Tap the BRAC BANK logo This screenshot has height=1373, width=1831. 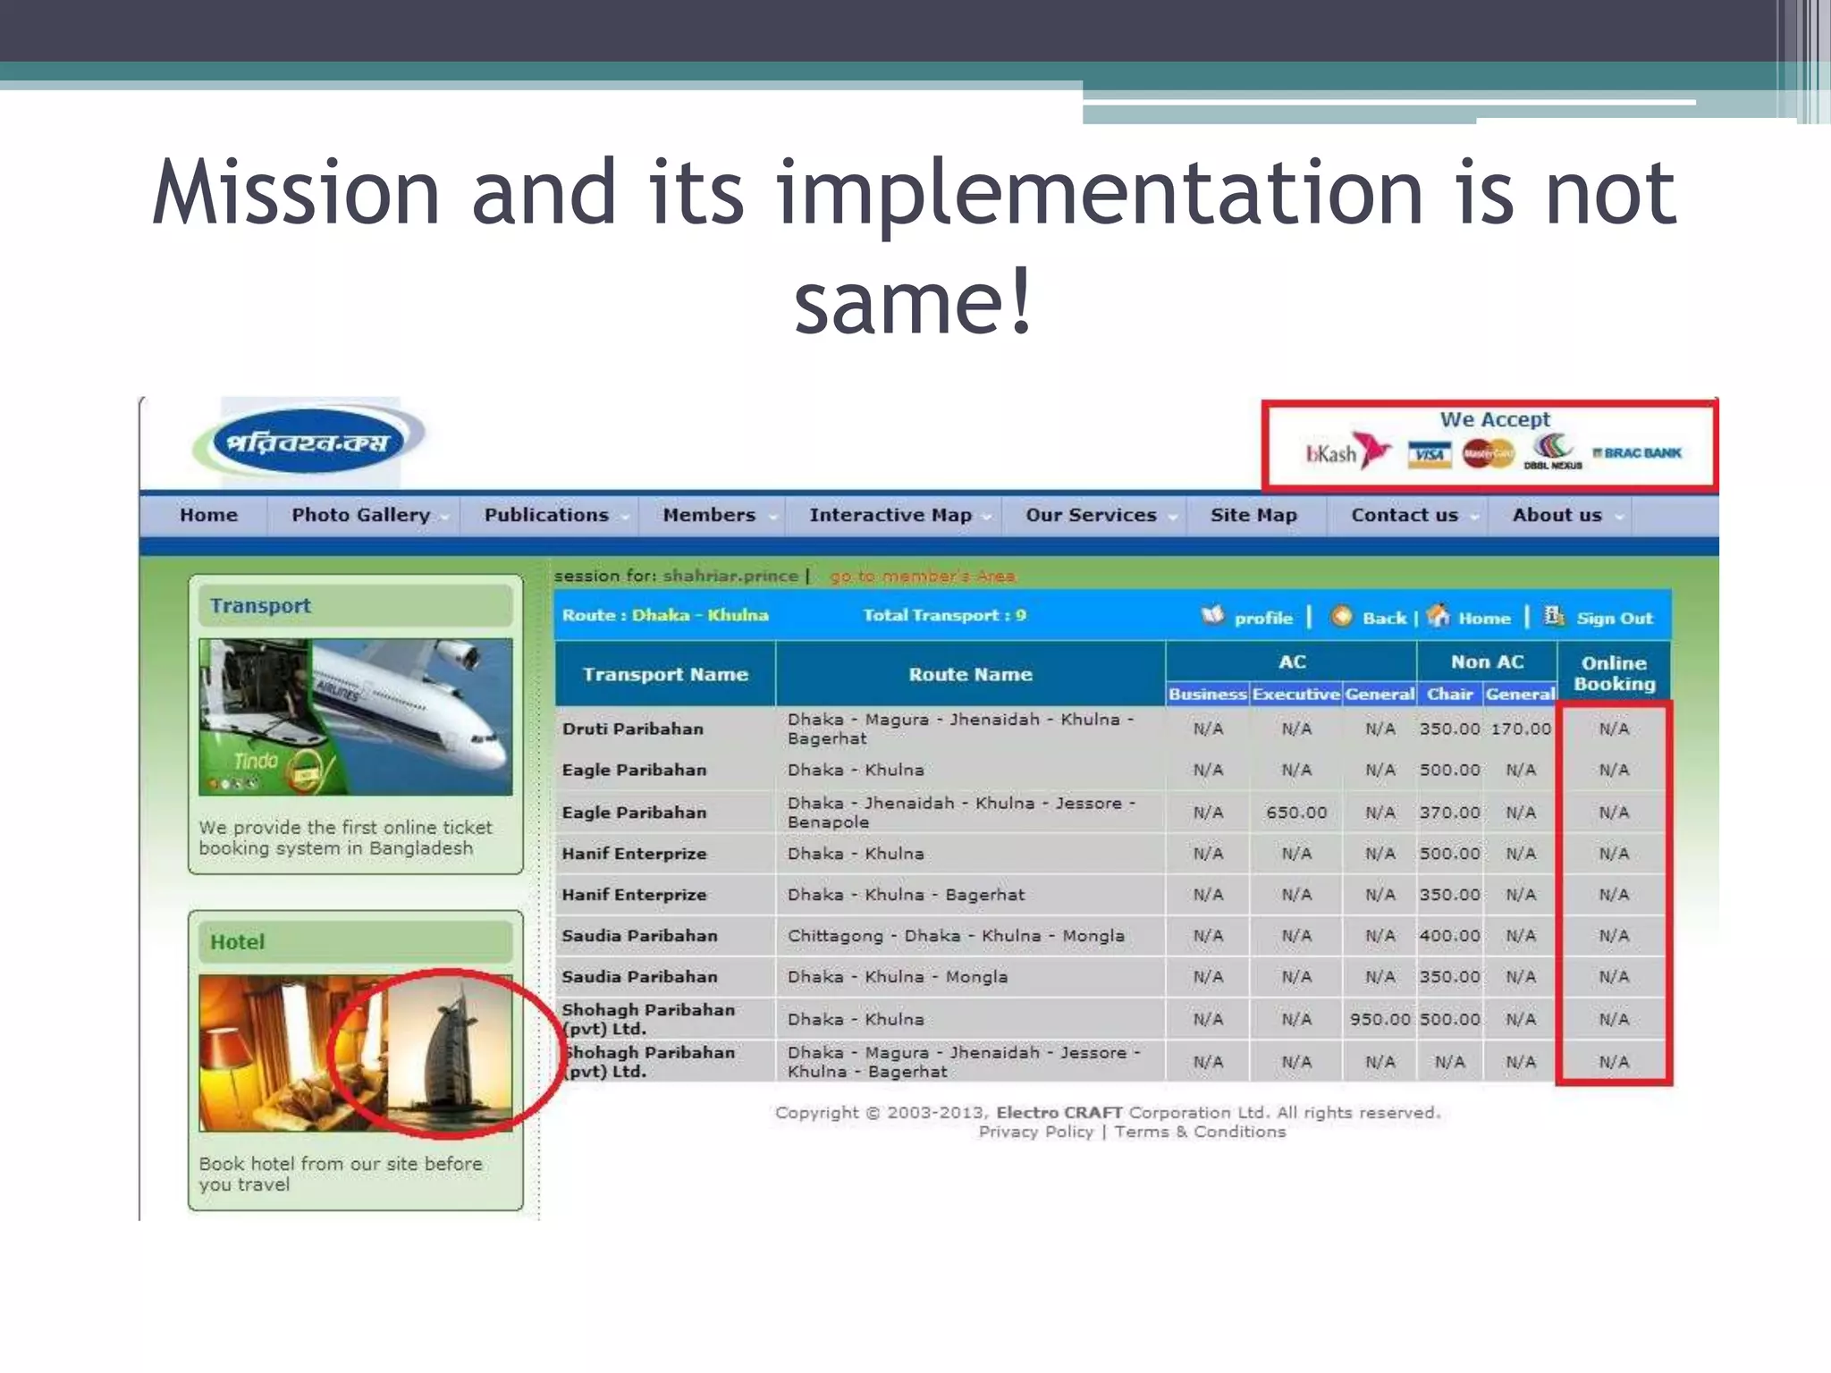point(1638,453)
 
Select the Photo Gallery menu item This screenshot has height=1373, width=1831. point(361,515)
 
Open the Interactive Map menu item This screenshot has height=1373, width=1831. point(890,515)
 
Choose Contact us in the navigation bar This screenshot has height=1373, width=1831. point(1405,515)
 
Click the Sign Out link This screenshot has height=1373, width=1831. point(1614,618)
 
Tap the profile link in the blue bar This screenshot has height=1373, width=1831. point(1262,618)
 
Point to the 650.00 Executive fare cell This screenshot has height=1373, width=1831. point(1295,813)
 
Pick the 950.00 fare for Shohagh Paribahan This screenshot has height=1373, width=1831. point(1380,1019)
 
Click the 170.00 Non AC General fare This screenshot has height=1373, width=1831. point(1520,729)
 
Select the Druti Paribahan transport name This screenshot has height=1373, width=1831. point(633,729)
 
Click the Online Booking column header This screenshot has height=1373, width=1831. point(1614,673)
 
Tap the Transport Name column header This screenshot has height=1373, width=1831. point(665,675)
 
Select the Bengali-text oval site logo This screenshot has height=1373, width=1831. point(308,442)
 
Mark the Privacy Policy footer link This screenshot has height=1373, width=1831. point(1035,1132)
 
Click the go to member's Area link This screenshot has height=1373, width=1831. point(922,577)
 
